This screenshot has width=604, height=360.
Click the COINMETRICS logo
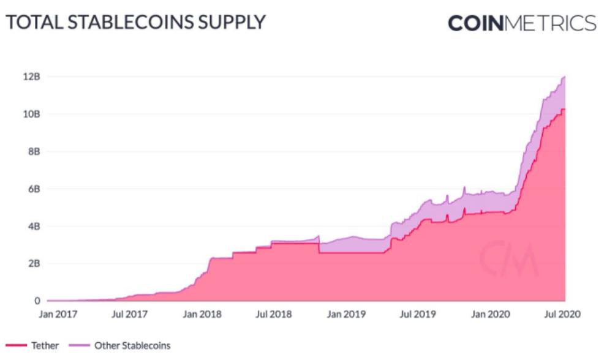point(522,23)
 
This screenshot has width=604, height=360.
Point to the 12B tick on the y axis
point(32,77)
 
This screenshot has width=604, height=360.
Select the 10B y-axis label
point(32,114)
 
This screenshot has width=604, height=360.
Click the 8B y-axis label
point(34,151)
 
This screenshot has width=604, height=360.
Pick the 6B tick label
point(34,189)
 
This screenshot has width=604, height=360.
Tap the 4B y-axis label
point(34,226)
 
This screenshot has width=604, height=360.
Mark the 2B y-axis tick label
point(34,263)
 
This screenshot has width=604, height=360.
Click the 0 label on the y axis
point(37,301)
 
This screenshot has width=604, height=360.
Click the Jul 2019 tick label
point(418,314)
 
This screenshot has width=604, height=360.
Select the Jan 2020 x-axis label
point(489,314)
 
